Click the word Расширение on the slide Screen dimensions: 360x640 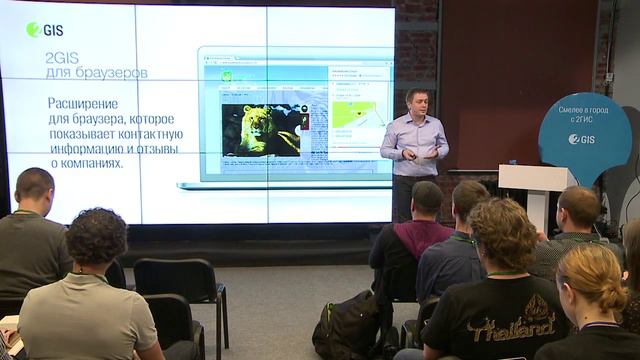pyautogui.click(x=83, y=103)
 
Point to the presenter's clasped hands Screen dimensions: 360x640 pyautogui.click(x=427, y=155)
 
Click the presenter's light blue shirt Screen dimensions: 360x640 pyautogui.click(x=413, y=140)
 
